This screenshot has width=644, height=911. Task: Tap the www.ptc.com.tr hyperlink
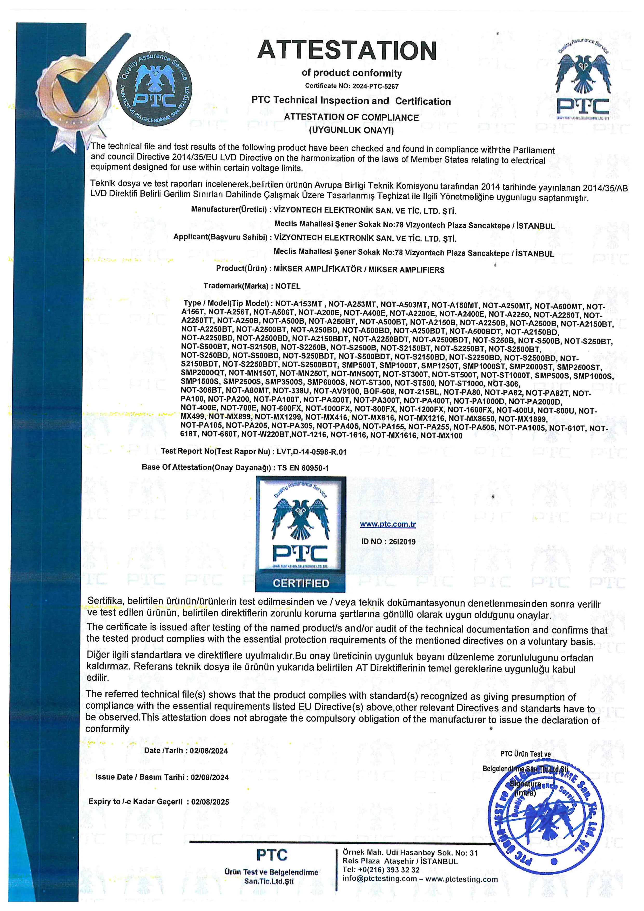tap(387, 524)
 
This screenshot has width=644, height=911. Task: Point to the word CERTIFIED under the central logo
tap(301, 583)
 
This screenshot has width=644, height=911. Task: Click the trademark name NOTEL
tap(288, 286)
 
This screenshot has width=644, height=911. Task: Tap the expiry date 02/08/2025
tap(210, 802)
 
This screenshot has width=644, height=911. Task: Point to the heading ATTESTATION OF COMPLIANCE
tap(351, 117)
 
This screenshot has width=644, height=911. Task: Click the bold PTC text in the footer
tap(272, 855)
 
